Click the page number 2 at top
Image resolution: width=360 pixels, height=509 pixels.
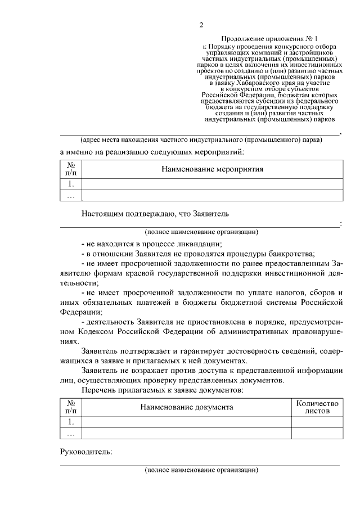click(201, 25)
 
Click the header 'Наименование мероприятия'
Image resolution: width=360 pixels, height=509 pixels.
click(213, 169)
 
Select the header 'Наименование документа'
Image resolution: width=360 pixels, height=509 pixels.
click(187, 407)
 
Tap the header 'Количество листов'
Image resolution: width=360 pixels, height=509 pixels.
click(317, 407)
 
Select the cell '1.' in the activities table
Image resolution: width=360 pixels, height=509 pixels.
click(71, 184)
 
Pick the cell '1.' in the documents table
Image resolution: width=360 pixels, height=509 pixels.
click(71, 422)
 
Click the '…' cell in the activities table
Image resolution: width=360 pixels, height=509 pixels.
click(71, 196)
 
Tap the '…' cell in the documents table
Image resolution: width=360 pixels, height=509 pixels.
click(71, 434)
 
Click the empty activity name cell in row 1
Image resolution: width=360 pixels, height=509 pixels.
click(213, 184)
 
